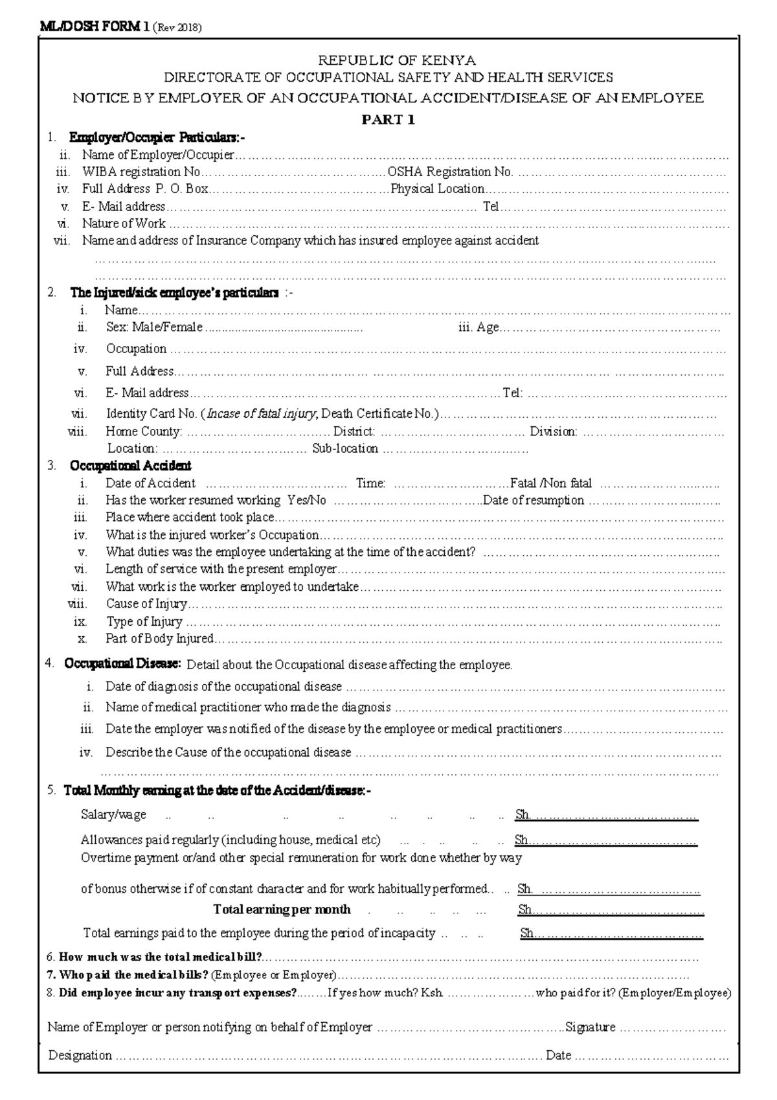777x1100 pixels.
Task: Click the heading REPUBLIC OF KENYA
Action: pos(396,61)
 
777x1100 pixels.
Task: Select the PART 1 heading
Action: pos(388,120)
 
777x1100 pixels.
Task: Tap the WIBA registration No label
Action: pos(141,172)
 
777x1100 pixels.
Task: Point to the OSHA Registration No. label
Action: pos(450,172)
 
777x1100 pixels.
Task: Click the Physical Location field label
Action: pos(437,189)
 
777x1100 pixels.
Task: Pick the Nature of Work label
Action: pos(124,224)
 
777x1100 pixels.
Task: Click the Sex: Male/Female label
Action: pos(154,328)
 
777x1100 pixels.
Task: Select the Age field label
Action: pos(487,328)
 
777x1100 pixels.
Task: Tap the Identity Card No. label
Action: pos(152,414)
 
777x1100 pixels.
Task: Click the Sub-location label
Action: pos(345,448)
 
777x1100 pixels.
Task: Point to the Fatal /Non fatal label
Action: pos(551,483)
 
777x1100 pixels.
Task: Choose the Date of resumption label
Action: pos(534,501)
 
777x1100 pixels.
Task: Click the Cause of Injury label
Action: pos(146,604)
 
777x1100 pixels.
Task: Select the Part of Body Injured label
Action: pos(159,639)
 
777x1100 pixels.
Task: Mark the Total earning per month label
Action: pos(282,910)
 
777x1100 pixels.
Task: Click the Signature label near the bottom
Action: pos(591,1027)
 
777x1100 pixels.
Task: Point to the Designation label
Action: pos(80,1055)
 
